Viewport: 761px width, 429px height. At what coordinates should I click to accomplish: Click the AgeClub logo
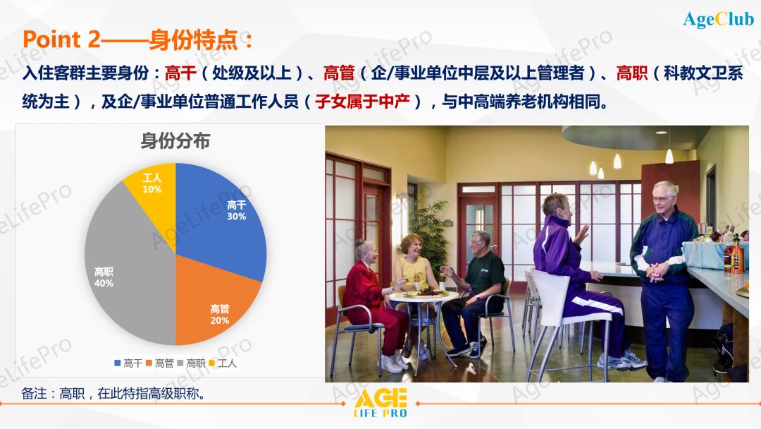pyautogui.click(x=718, y=20)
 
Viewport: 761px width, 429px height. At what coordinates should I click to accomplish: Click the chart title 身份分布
pyautogui.click(x=175, y=141)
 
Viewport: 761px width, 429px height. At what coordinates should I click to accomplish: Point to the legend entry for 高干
pyautogui.click(x=128, y=363)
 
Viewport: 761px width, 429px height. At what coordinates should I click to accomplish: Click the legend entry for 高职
pyautogui.click(x=191, y=363)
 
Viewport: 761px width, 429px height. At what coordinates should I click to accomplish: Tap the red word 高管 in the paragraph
pyautogui.click(x=338, y=73)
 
